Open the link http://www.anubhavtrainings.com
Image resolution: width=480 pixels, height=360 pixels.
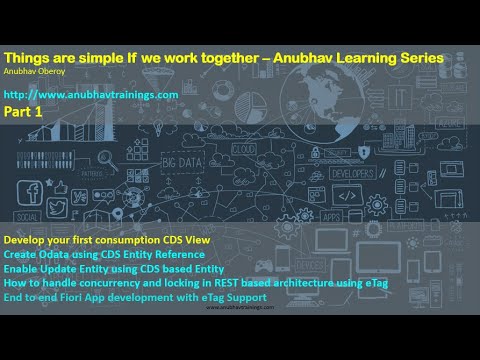point(91,94)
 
